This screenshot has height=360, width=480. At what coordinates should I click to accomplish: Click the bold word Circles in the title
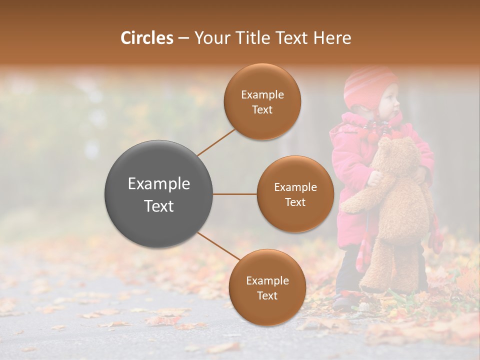(147, 38)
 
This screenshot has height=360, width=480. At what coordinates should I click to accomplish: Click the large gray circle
(159, 194)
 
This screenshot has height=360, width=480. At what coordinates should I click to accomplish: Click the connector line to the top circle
(216, 142)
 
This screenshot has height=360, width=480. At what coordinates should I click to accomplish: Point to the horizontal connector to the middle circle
(235, 194)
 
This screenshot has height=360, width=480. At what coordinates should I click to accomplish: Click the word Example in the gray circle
(159, 184)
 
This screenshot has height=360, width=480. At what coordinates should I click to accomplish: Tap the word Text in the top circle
(262, 110)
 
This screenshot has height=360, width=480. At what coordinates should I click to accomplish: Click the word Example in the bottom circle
(267, 281)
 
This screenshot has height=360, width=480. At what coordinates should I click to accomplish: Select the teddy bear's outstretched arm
(360, 202)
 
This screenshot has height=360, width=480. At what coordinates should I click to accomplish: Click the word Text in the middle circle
(295, 202)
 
